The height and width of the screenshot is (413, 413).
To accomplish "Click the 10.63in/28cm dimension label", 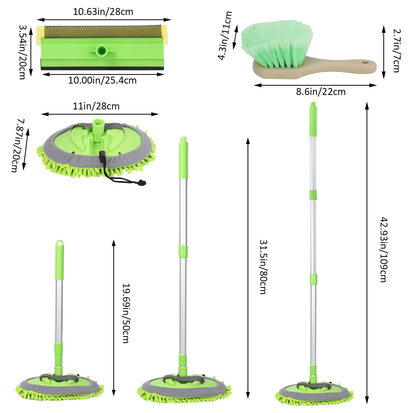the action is click(103, 12).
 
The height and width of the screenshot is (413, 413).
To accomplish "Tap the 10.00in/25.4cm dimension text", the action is click(102, 81).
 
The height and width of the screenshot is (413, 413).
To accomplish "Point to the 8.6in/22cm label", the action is click(321, 92).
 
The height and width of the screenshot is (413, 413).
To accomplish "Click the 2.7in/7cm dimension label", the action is click(396, 51).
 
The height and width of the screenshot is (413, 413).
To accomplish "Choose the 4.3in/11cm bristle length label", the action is click(225, 36).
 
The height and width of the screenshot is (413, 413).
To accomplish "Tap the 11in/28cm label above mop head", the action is click(96, 106).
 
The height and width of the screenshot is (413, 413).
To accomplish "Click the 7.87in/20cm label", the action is click(18, 145).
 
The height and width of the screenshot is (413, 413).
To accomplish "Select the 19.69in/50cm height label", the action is click(126, 313).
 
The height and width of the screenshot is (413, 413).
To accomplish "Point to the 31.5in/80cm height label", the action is click(263, 267).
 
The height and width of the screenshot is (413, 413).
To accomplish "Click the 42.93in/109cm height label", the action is click(384, 250).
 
